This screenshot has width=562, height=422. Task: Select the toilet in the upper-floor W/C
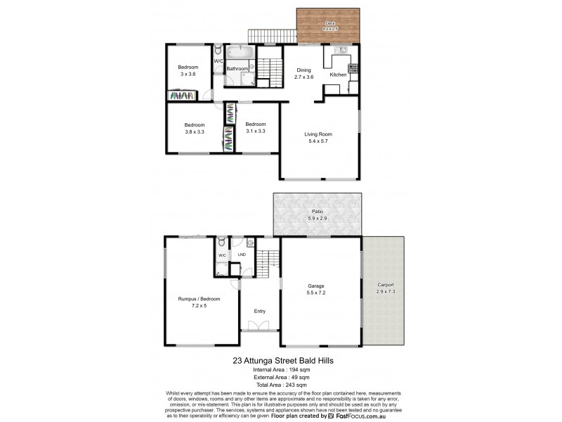(218, 51)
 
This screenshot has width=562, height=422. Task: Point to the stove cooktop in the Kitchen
(353, 69)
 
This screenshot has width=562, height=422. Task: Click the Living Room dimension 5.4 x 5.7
(318, 141)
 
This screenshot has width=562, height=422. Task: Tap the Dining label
(303, 70)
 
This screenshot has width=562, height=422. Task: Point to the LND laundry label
(241, 255)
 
